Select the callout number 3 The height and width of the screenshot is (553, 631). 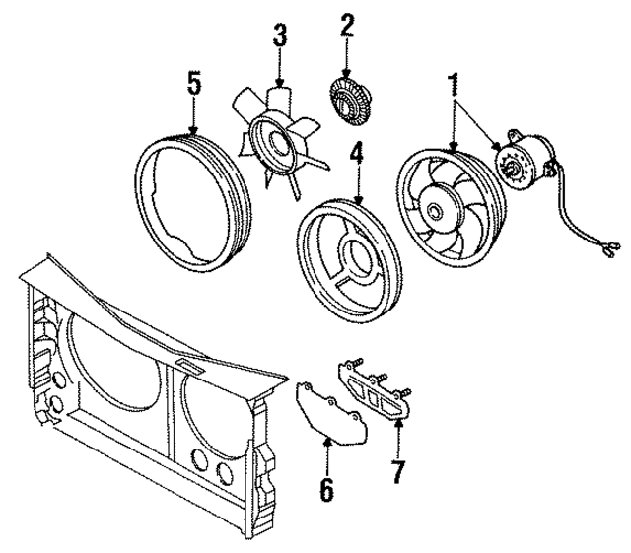point(280,38)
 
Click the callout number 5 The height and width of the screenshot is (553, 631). point(194,83)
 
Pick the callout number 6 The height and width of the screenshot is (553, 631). point(326,487)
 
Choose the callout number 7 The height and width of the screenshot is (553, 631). point(396,471)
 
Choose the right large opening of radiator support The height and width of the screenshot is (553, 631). point(222,414)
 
